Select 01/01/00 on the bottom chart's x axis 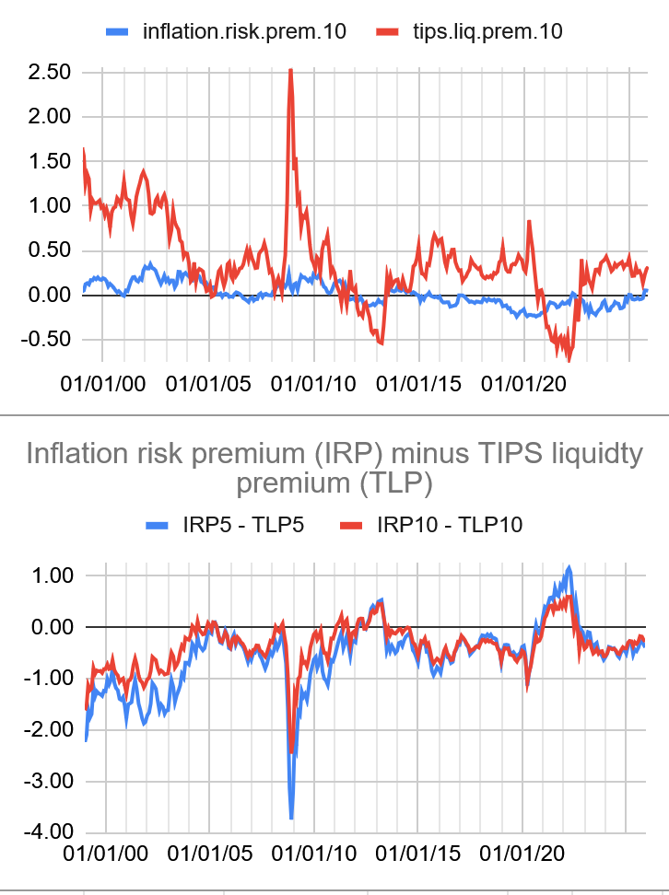107,854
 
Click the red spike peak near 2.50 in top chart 291,70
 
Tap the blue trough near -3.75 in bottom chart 291,818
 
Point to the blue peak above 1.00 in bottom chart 569,567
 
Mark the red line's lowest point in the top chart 569,359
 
